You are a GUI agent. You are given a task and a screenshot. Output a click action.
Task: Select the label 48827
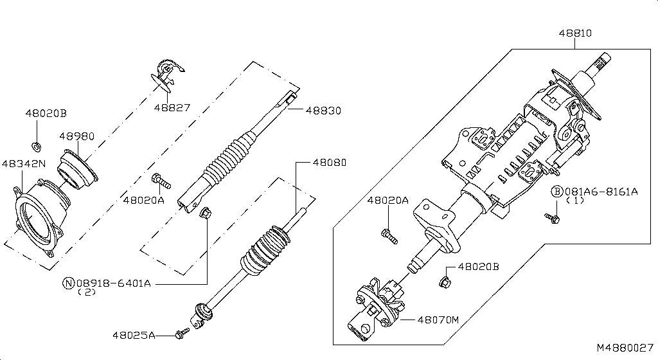click(172, 107)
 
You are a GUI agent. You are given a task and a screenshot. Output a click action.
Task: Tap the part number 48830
click(323, 111)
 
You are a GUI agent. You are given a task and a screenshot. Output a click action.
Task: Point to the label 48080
click(328, 163)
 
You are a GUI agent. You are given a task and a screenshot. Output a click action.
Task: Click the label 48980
click(77, 136)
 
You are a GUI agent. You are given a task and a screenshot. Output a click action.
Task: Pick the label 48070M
click(439, 319)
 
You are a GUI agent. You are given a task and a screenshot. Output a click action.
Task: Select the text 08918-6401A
click(114, 283)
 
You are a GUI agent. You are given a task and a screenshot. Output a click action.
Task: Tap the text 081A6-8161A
click(601, 191)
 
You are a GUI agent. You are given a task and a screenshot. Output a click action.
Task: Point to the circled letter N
click(67, 283)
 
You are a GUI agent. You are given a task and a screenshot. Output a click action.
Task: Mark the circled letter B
click(557, 191)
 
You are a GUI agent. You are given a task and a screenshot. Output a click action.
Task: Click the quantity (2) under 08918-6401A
click(86, 292)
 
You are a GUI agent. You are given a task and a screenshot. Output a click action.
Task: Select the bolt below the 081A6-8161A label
click(551, 219)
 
